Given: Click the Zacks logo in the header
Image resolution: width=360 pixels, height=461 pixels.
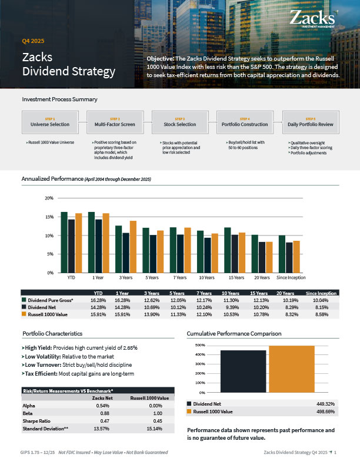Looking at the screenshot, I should point(314,18).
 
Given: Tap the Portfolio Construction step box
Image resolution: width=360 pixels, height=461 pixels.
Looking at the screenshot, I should point(245,122).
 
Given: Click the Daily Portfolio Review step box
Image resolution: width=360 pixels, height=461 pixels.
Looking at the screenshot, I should point(310,122).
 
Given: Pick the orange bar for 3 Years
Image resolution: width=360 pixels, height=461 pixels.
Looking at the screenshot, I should point(132,247).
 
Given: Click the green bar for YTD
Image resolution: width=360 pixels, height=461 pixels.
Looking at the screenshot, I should point(64,242).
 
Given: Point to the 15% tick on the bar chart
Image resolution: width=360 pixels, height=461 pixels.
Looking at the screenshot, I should point(49,217).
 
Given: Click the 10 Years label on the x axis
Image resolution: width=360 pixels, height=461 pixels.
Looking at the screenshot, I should point(206,277).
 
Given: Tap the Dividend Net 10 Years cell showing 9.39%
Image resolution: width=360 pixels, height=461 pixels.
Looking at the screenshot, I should point(231,307).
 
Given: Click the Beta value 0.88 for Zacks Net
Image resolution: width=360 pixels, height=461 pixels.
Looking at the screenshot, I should point(102,413).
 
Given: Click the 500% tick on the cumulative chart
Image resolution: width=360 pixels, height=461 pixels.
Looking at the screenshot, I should point(199,345).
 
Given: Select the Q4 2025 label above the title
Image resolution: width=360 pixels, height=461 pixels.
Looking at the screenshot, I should point(33,41).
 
